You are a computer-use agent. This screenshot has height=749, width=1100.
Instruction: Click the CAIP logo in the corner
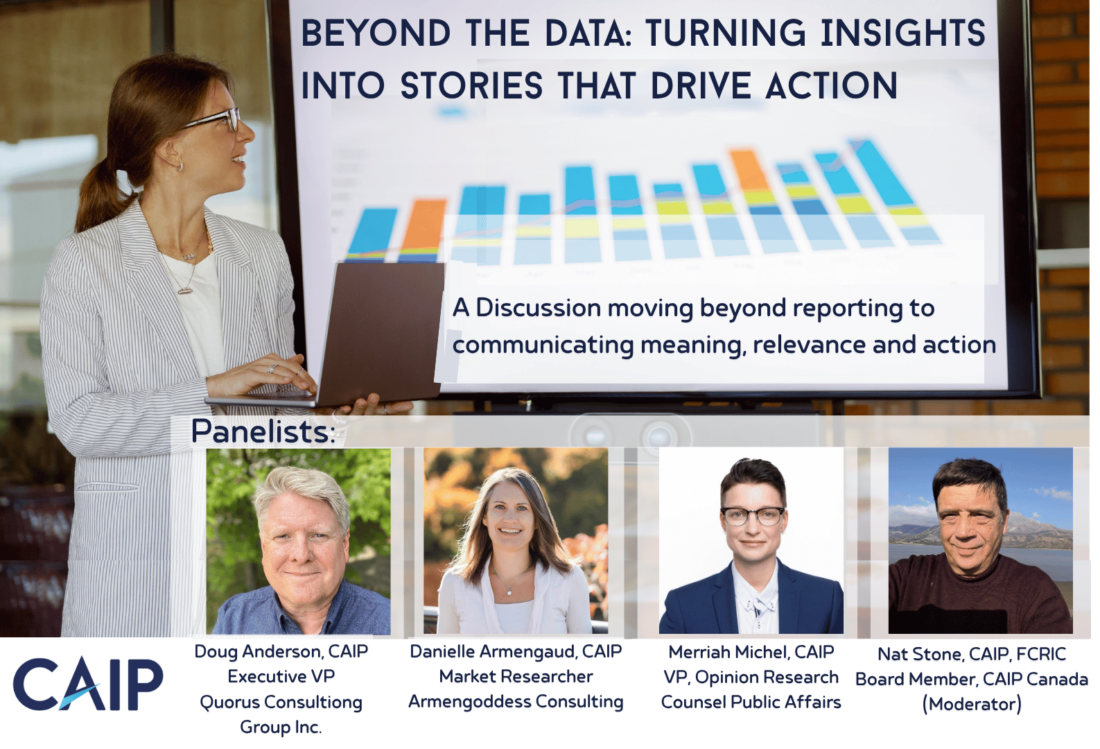pyautogui.click(x=89, y=684)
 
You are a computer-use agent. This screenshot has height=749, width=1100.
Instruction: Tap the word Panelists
pyautogui.click(x=263, y=431)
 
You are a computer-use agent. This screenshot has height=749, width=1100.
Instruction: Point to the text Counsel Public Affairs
pyautogui.click(x=751, y=703)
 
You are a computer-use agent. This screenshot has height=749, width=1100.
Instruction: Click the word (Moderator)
pyautogui.click(x=972, y=705)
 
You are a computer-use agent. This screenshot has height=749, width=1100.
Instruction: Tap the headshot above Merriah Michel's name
pyautogui.click(x=751, y=541)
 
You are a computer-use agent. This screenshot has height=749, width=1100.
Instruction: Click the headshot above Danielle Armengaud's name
pyautogui.click(x=516, y=541)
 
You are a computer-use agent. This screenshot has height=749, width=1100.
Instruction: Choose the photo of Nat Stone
pyautogui.click(x=981, y=541)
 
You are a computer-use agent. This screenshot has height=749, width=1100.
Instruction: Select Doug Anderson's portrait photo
pyautogui.click(x=299, y=541)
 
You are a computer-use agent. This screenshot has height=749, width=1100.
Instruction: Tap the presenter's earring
pyautogui.click(x=180, y=166)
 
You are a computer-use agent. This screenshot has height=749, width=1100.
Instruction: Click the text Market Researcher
pyautogui.click(x=516, y=677)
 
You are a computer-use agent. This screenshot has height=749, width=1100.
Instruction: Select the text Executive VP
pyautogui.click(x=281, y=677)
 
